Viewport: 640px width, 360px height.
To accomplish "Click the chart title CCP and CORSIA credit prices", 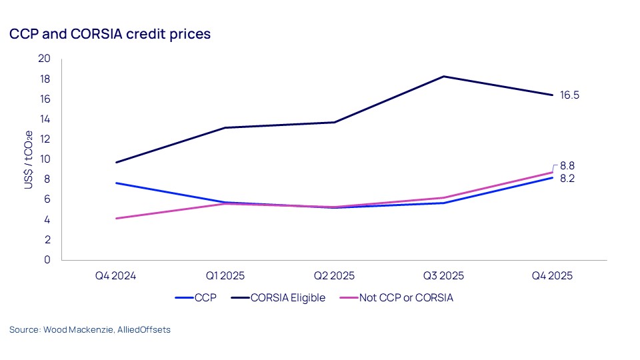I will point(110,34).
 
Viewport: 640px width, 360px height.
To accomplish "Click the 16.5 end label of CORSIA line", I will point(569,95).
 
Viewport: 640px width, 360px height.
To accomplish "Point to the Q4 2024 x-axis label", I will point(116,275).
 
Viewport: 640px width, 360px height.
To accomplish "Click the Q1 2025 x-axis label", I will point(225,275).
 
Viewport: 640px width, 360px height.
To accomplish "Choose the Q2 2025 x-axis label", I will point(334,275).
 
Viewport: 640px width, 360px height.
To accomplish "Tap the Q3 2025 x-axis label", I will point(443,275).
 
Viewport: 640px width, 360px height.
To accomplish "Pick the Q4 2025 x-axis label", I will point(552,275).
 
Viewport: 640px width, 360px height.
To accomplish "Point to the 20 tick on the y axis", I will point(45,59).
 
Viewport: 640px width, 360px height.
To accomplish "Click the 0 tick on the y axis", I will point(47,260).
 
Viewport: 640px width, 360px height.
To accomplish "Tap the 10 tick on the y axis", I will point(45,159).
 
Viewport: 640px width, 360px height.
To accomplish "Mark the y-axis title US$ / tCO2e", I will point(29,159).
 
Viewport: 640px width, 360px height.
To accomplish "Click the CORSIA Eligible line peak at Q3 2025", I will point(443,76).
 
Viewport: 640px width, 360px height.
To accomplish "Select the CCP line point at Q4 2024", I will point(116,183).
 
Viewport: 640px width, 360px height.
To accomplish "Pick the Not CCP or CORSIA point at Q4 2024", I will point(116,219).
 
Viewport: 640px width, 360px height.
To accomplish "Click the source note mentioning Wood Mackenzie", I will point(90,330).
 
